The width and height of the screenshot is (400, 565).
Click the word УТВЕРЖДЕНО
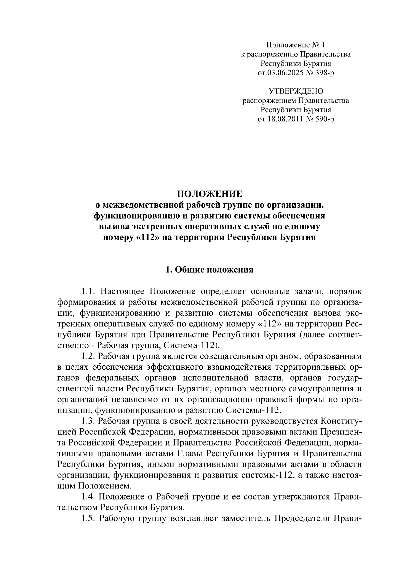296,91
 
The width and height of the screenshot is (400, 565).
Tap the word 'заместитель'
245,518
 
